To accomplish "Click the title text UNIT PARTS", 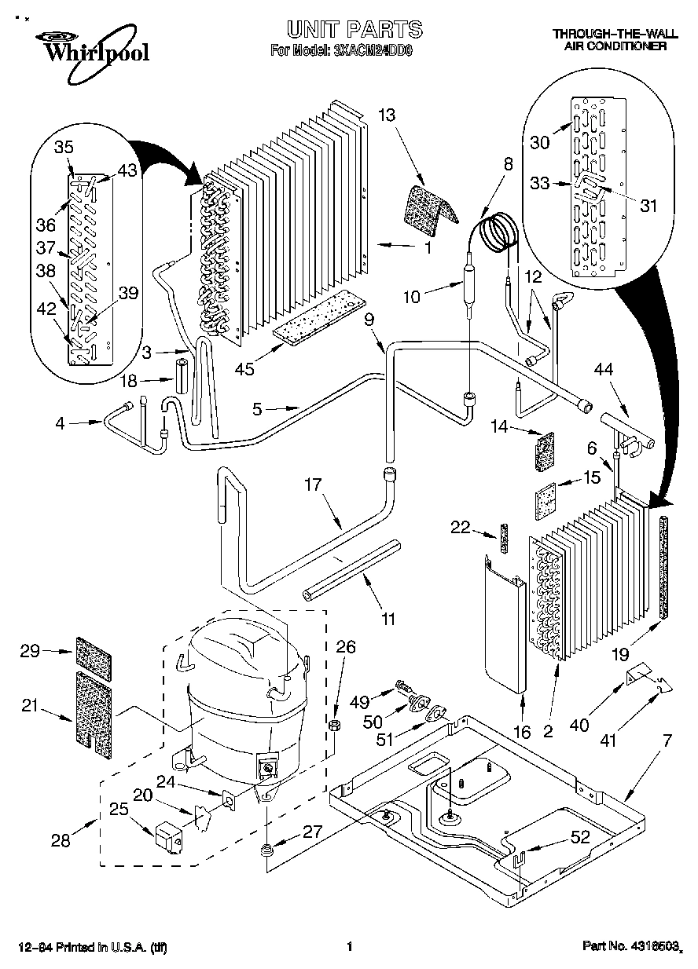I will (x=354, y=30).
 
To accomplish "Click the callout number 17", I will (x=314, y=484).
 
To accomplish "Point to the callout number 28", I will (x=60, y=840).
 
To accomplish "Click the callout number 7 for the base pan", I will (x=667, y=739).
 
